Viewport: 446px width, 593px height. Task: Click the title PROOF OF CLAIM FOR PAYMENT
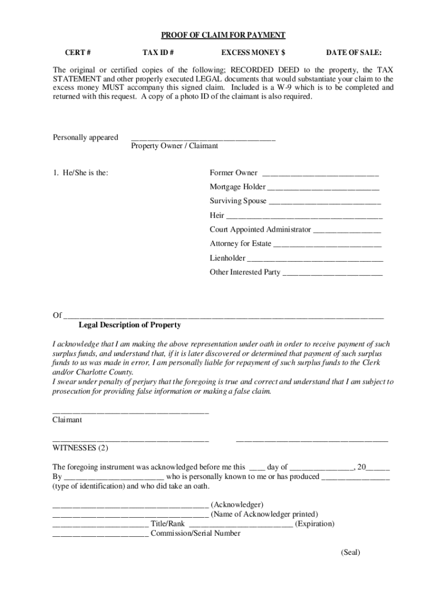[223, 35]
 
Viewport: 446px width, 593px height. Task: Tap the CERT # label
[77, 53]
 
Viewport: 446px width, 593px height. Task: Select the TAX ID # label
[158, 53]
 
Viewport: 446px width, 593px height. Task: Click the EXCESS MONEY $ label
[253, 53]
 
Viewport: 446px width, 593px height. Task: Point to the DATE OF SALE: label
[353, 53]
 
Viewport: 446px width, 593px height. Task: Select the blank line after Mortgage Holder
[323, 188]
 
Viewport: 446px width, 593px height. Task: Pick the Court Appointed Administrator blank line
[347, 230]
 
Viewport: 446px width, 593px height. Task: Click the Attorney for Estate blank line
[327, 244]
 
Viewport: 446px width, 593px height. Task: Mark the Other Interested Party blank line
[332, 273]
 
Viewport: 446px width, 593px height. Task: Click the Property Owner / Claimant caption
[174, 146]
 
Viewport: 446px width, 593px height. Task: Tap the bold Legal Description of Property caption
[130, 325]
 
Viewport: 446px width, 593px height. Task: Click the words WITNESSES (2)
[81, 448]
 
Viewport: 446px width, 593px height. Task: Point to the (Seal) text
[350, 552]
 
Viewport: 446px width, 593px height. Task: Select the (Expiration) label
[315, 524]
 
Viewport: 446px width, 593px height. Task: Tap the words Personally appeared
[86, 137]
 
